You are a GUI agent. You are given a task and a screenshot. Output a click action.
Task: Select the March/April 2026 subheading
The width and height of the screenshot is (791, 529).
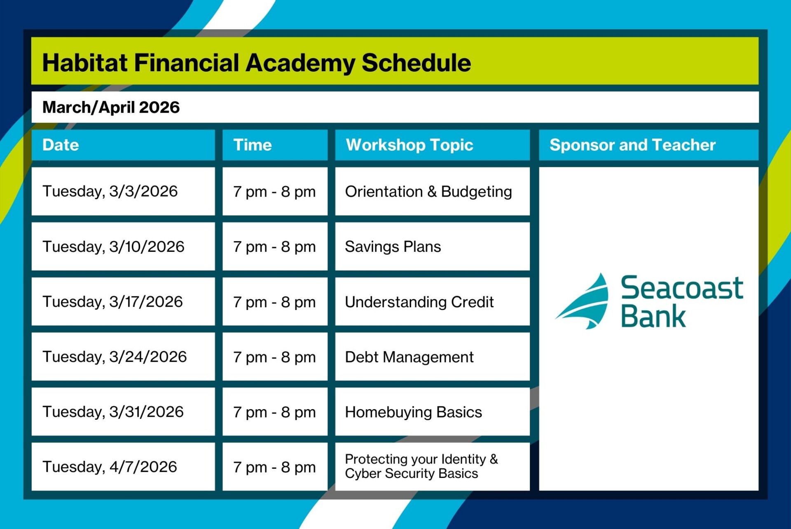(x=111, y=108)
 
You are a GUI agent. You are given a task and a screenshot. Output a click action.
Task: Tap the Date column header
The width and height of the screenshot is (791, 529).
(x=61, y=145)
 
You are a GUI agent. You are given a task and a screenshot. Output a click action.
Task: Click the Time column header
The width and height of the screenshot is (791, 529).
(x=252, y=145)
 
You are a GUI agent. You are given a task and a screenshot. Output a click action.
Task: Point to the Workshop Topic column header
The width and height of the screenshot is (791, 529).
(x=409, y=145)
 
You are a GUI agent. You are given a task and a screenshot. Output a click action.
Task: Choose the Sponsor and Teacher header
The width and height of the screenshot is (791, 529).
(x=632, y=145)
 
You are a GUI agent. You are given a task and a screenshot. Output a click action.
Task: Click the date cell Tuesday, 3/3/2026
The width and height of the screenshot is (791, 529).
(x=110, y=192)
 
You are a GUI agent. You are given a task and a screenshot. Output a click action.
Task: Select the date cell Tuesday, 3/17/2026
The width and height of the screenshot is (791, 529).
(x=112, y=302)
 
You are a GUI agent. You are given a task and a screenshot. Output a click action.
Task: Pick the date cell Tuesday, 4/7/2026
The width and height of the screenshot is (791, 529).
(x=110, y=467)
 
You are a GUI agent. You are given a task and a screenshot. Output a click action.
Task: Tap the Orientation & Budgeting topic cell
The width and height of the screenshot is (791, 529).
(x=428, y=192)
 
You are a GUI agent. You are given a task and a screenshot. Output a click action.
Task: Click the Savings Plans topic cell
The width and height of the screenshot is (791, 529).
(x=393, y=247)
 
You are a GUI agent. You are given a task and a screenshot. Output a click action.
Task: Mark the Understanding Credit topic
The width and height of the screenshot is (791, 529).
(x=419, y=302)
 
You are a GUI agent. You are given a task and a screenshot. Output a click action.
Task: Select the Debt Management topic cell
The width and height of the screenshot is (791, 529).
(x=409, y=357)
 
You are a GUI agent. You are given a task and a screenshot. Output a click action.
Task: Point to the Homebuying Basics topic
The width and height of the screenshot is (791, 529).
(x=413, y=412)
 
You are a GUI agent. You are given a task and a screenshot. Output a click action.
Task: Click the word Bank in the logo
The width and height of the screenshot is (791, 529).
(x=653, y=317)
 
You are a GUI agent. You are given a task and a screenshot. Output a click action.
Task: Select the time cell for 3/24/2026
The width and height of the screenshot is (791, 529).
(x=274, y=357)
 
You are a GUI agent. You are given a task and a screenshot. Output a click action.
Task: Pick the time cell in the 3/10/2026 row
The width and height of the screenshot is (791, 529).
(x=274, y=247)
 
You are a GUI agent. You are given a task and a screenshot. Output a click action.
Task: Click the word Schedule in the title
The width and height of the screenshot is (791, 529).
(x=416, y=63)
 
